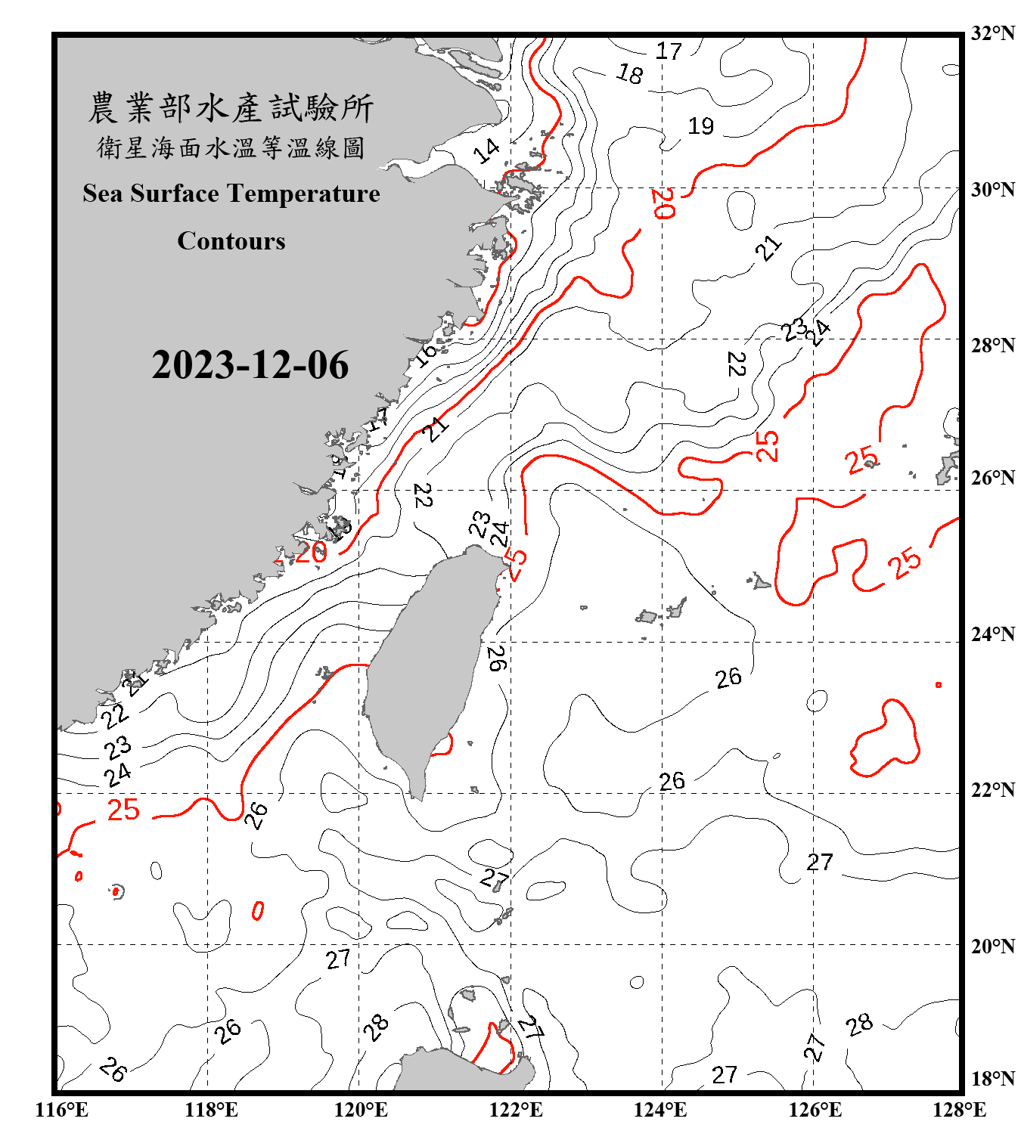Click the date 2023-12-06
coord(250,365)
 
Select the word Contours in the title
coord(231,241)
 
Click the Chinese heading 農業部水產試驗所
coord(231,108)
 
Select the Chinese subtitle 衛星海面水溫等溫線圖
coord(231,147)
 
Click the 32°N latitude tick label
coord(992,33)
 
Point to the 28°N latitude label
coord(992,345)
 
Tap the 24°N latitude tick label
coord(992,634)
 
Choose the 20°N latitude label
coord(992,946)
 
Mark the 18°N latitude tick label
coord(992,1079)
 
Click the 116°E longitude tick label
coord(62,1110)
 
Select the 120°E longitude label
coord(361,1110)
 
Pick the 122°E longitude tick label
coord(516,1110)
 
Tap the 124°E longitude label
coord(660,1110)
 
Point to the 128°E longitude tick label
coord(959,1110)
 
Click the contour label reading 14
coord(486,150)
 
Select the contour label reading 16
coord(426,353)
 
